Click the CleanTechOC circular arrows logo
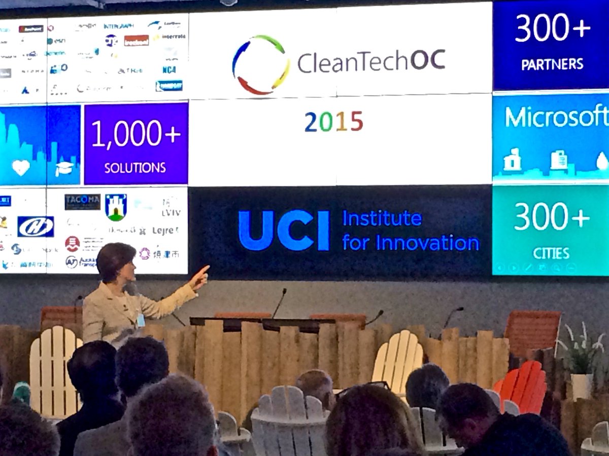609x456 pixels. click(x=261, y=64)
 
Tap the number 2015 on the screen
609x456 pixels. click(x=333, y=122)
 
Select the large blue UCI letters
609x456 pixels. click(x=284, y=231)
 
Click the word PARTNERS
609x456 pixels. click(x=553, y=64)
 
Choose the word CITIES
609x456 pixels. click(x=551, y=252)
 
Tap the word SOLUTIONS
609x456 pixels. click(x=135, y=168)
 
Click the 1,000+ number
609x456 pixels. click(x=136, y=134)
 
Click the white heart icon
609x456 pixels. click(x=21, y=168)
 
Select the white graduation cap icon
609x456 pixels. click(x=64, y=168)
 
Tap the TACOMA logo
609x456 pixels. click(x=82, y=202)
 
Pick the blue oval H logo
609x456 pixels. click(x=36, y=226)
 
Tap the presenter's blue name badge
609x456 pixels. click(x=141, y=320)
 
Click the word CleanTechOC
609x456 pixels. click(x=371, y=62)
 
